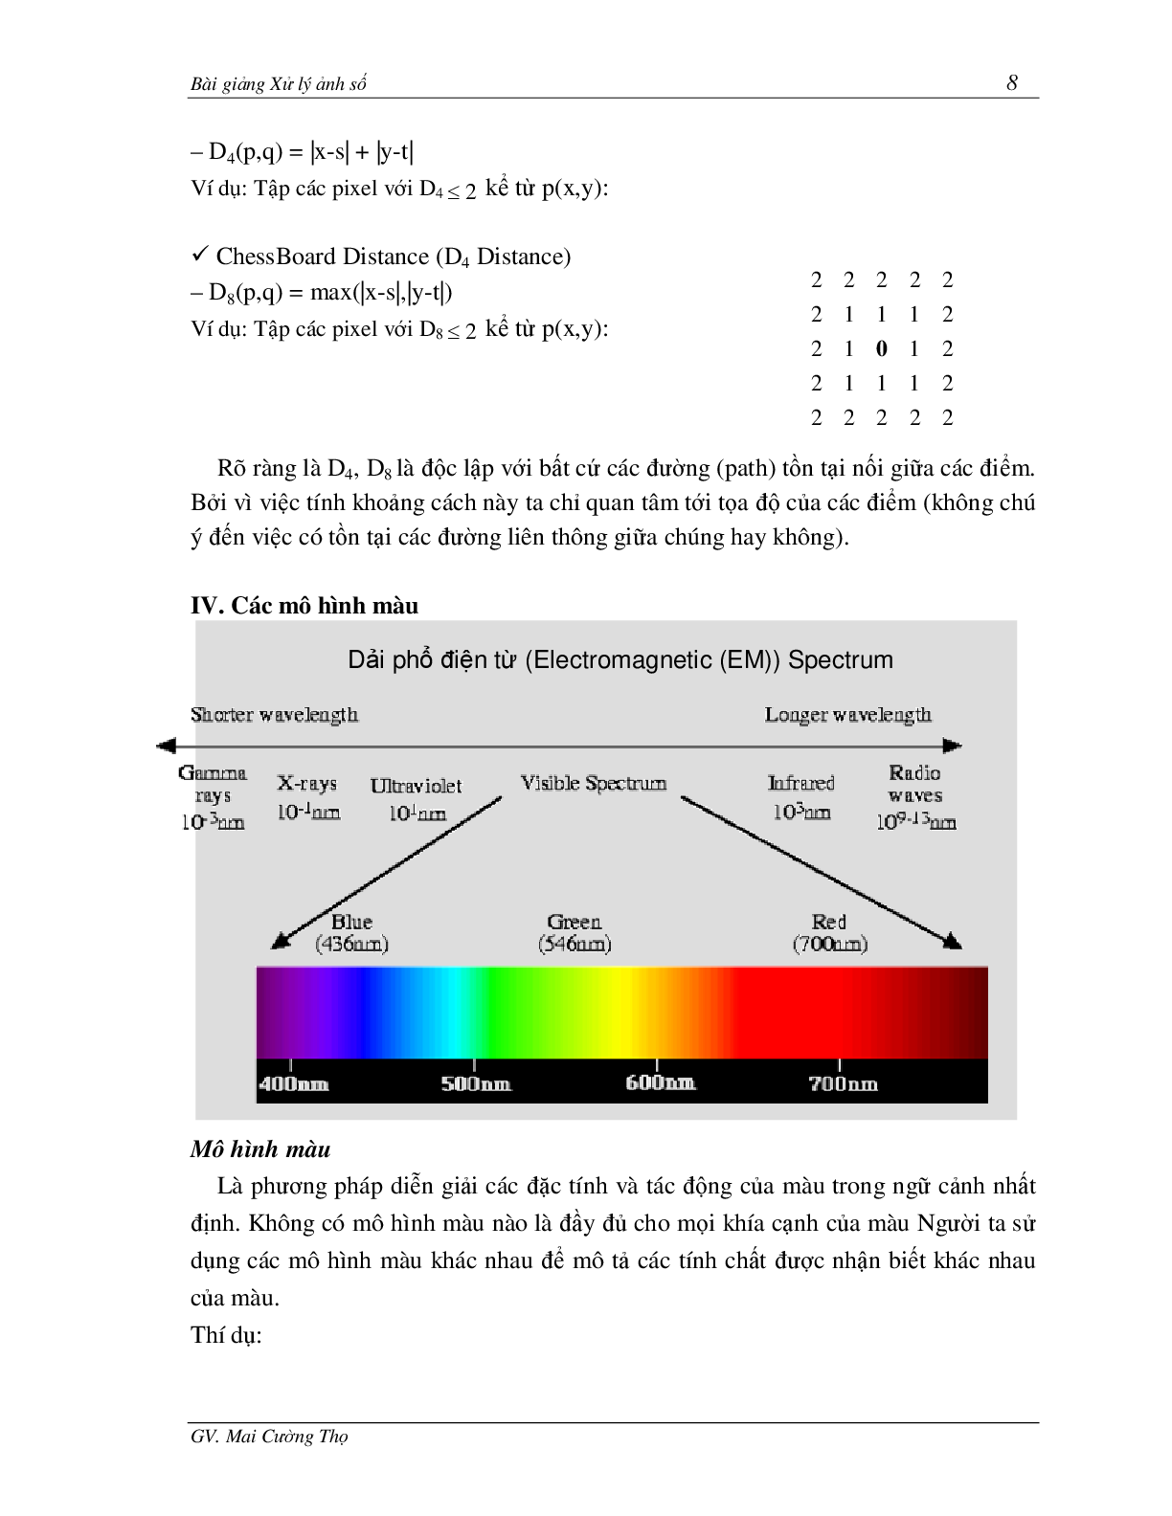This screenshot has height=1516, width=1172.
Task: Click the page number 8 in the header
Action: point(1012,83)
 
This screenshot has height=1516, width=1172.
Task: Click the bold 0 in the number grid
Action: point(881,349)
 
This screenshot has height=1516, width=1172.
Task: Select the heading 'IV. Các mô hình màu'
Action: point(304,606)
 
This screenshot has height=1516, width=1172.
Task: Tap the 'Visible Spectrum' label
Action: point(593,783)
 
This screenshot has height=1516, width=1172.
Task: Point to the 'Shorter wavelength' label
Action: point(274,715)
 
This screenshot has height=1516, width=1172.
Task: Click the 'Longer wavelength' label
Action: point(847,715)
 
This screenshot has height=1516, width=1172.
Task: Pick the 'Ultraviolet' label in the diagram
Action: point(416,787)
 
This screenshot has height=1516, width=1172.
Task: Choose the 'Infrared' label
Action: point(801,783)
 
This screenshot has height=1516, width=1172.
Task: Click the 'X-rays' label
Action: point(307,783)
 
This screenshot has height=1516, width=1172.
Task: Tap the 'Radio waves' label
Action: point(914,784)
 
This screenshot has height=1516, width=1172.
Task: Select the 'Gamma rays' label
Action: point(213,784)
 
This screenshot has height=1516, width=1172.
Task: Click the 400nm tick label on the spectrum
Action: point(293,1084)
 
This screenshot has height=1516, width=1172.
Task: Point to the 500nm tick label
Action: point(476,1084)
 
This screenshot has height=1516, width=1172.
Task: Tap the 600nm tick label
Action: point(660,1083)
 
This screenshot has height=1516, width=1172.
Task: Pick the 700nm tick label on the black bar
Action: point(843,1084)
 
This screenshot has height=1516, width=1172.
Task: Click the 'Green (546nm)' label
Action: point(575,933)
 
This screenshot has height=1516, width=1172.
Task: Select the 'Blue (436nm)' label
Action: point(351,933)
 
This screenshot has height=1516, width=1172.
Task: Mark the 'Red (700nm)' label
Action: point(829,933)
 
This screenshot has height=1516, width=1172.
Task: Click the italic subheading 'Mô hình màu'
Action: point(260,1149)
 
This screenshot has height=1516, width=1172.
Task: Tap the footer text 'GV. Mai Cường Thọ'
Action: point(269,1437)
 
